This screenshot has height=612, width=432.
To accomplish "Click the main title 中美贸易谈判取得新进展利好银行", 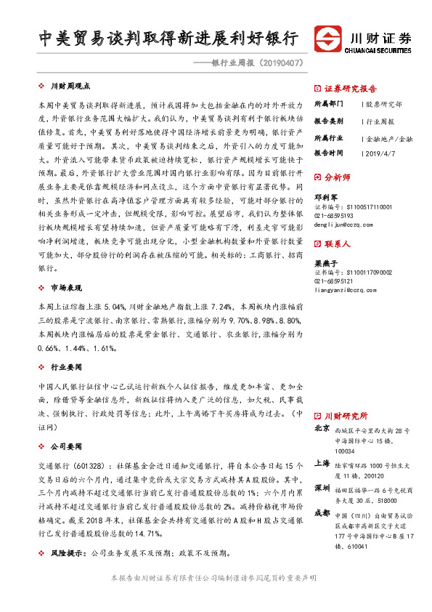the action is (169, 39).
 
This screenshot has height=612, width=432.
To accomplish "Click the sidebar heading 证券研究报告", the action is (349, 86).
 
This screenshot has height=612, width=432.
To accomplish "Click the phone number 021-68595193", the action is (334, 217).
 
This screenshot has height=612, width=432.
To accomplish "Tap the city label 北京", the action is (322, 429).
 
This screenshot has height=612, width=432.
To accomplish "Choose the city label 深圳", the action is (322, 486).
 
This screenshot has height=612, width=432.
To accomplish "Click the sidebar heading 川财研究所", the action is (346, 416).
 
